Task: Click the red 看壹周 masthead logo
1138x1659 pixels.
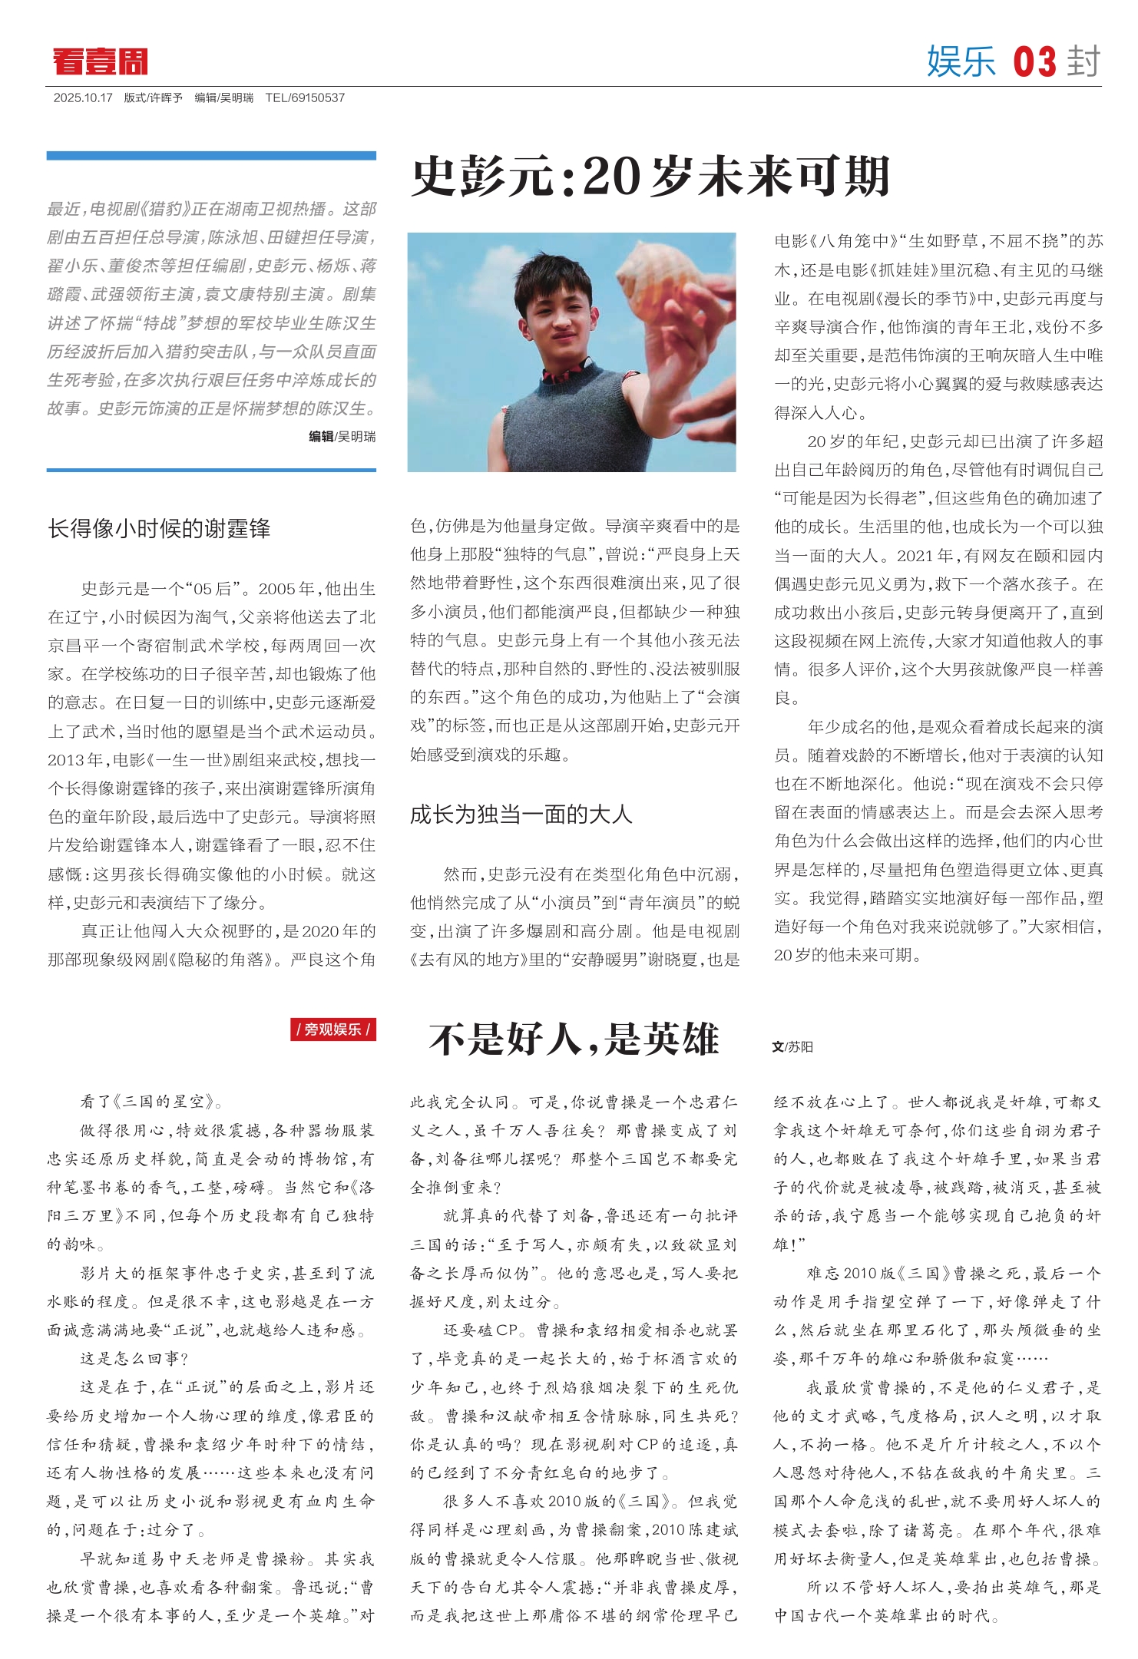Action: tap(100, 61)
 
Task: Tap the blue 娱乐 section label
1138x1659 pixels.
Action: tap(961, 61)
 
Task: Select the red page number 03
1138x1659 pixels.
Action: tap(1034, 61)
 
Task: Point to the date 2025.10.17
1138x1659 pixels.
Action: tap(83, 98)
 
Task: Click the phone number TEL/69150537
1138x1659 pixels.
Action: tap(305, 98)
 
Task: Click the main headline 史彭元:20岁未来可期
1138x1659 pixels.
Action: tap(650, 177)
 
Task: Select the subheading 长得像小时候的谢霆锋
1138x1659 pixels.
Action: tap(159, 528)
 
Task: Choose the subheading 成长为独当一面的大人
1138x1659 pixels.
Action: tap(521, 815)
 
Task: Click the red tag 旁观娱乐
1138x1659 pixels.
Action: tap(333, 1029)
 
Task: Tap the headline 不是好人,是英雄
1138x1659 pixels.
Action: tap(574, 1039)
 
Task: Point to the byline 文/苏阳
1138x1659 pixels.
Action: tap(792, 1046)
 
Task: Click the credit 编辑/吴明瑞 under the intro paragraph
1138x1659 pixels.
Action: tap(342, 437)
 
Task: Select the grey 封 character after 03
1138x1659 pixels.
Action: tap(1083, 61)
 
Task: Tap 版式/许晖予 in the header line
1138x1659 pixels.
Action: tap(154, 98)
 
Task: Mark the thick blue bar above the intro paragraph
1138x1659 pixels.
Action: tap(211, 156)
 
